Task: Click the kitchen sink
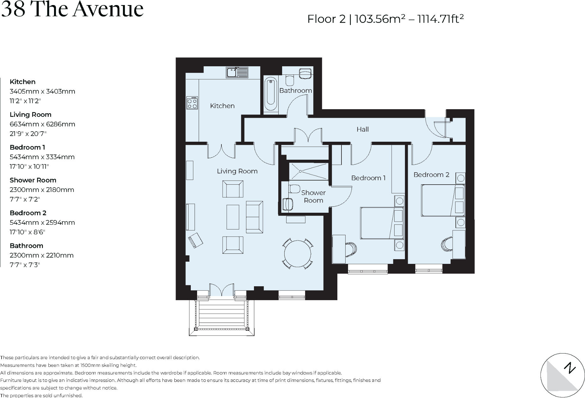(237, 72)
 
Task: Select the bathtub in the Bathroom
(271, 94)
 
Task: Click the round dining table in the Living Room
(298, 253)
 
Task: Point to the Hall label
(363, 129)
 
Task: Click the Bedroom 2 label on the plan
(431, 175)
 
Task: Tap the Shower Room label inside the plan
(313, 196)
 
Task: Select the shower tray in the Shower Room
(309, 171)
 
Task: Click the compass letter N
(570, 368)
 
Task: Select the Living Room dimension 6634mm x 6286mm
(42, 124)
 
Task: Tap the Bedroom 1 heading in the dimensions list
(27, 147)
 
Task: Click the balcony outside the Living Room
(221, 317)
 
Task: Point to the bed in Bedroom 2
(443, 200)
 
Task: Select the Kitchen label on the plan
(222, 106)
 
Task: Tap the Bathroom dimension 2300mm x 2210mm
(42, 255)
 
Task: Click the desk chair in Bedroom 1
(351, 249)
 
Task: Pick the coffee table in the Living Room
(233, 217)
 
